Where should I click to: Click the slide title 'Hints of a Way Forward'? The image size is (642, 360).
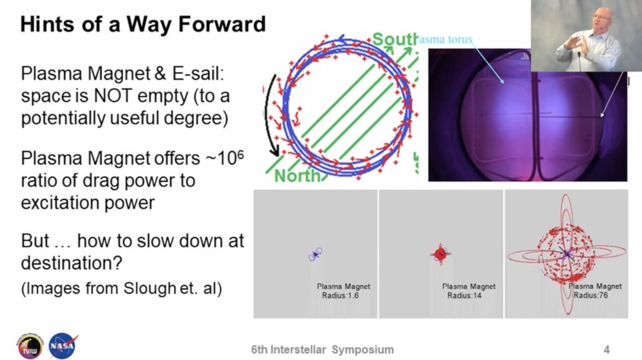point(143,24)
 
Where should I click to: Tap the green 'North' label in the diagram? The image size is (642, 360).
point(295,176)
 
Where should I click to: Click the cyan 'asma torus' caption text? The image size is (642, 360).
point(446,40)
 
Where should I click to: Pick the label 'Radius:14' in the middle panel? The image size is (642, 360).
point(464,295)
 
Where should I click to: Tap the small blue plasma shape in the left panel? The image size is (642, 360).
point(316,253)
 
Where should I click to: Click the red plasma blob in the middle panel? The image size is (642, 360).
point(440,253)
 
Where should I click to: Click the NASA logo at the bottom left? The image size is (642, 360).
point(63,346)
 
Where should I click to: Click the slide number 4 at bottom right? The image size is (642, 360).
point(606,349)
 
